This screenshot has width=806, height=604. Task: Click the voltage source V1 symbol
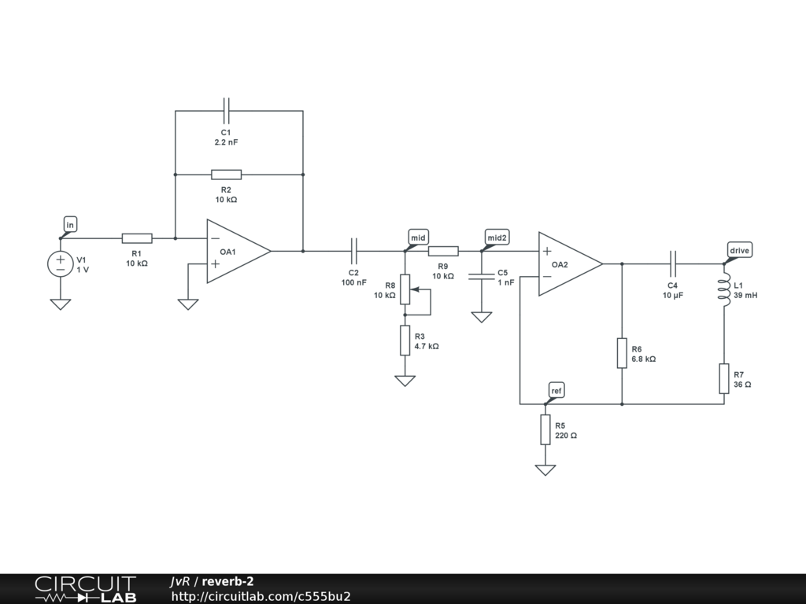pyautogui.click(x=61, y=264)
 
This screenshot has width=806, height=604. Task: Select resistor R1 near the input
pyautogui.click(x=137, y=238)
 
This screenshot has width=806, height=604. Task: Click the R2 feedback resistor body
pyautogui.click(x=226, y=175)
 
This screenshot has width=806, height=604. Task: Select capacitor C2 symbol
pyautogui.click(x=354, y=251)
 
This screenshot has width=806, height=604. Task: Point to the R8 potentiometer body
pyautogui.click(x=405, y=289)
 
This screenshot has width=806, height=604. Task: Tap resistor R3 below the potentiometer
pyautogui.click(x=405, y=340)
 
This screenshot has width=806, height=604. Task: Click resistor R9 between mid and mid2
pyautogui.click(x=443, y=251)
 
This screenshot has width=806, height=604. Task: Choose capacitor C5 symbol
pyautogui.click(x=481, y=276)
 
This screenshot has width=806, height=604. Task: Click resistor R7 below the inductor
pyautogui.click(x=724, y=378)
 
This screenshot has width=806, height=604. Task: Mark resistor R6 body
pyautogui.click(x=622, y=353)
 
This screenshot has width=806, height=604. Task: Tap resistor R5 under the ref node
pyautogui.click(x=545, y=429)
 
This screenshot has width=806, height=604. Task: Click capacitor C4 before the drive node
pyautogui.click(x=673, y=263)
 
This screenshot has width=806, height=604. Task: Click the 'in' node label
pyautogui.click(x=70, y=226)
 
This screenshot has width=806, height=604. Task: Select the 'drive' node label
pyautogui.click(x=739, y=251)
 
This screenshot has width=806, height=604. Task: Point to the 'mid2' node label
pyautogui.click(x=497, y=238)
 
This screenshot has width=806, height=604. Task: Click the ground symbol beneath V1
pyautogui.click(x=61, y=304)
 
